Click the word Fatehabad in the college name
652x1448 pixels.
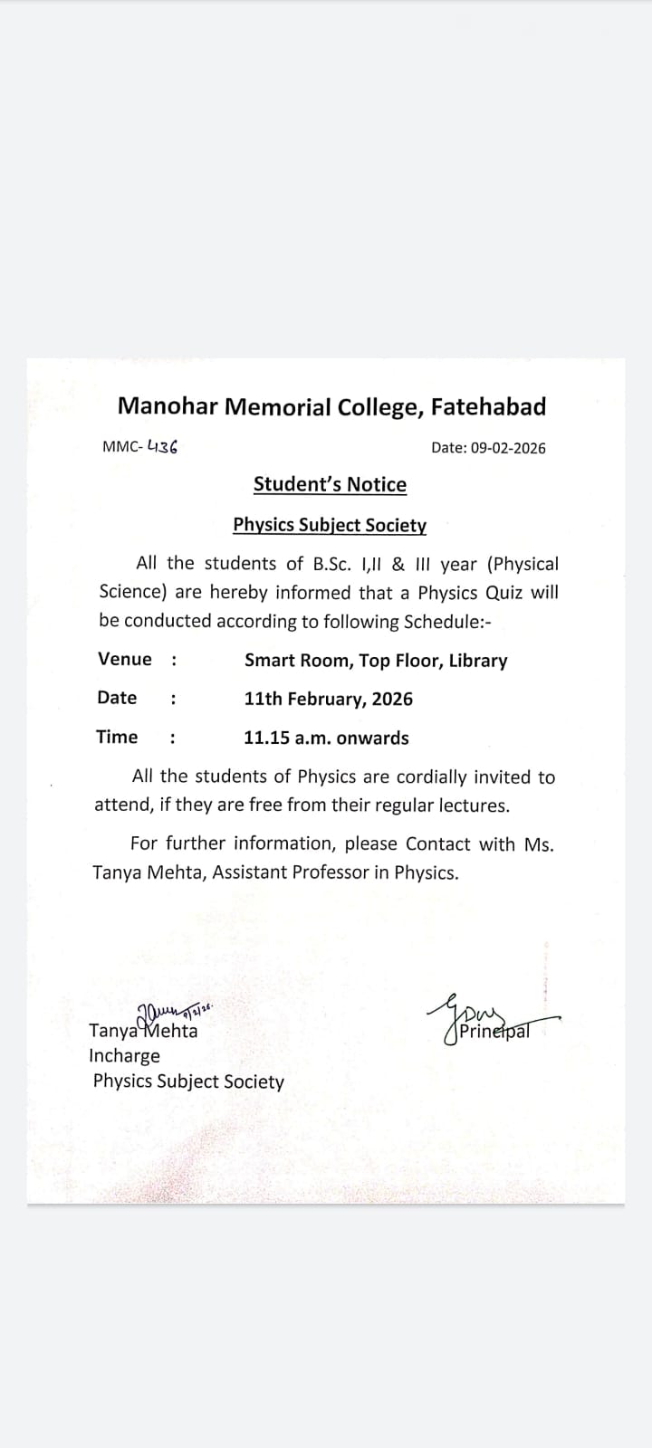pyautogui.click(x=488, y=406)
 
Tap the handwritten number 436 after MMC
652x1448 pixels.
pyautogui.click(x=162, y=446)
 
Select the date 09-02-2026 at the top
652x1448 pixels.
pyautogui.click(x=508, y=447)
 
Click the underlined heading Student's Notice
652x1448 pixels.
pyautogui.click(x=330, y=484)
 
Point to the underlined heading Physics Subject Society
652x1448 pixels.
pyautogui.click(x=330, y=525)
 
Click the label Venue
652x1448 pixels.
pyautogui.click(x=125, y=659)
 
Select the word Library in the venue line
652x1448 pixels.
pyautogui.click(x=477, y=661)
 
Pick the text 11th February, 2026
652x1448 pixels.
pyautogui.click(x=328, y=699)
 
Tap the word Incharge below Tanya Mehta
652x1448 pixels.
pyautogui.click(x=124, y=1055)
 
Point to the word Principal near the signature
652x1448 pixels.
pyautogui.click(x=494, y=1031)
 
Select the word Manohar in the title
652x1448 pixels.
pyautogui.click(x=168, y=406)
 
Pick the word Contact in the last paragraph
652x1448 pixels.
pyautogui.click(x=437, y=843)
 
